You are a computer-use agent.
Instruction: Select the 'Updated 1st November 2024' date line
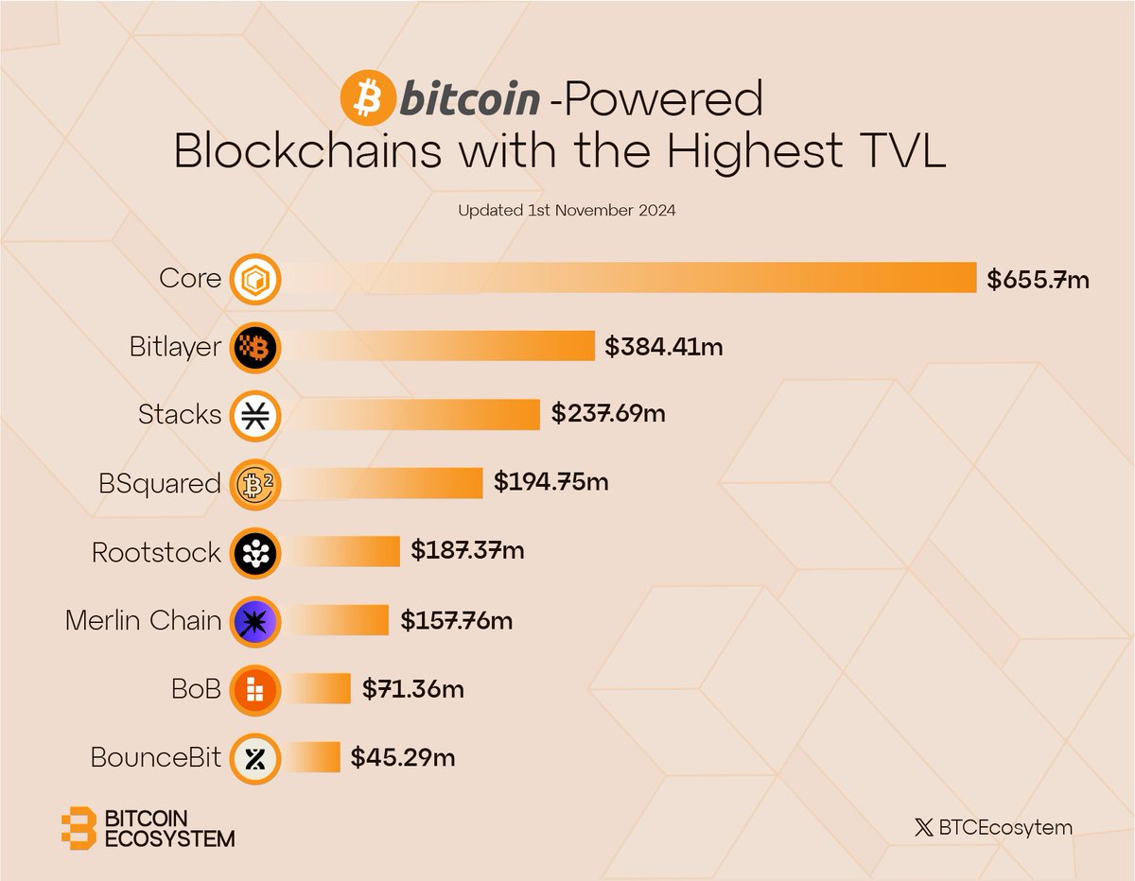pos(567,211)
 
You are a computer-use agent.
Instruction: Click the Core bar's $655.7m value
pos(1038,279)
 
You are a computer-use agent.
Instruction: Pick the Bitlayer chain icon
pos(255,347)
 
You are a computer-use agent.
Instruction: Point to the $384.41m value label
pos(663,347)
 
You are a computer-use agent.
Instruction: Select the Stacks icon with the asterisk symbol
pos(255,415)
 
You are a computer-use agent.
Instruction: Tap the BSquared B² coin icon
pos(255,483)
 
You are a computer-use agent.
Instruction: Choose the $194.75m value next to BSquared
pos(550,483)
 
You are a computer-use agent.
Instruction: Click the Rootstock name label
pos(156,552)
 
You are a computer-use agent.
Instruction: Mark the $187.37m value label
pos(467,552)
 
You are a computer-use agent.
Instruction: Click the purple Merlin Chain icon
pos(255,620)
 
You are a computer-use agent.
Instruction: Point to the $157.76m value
pos(456,620)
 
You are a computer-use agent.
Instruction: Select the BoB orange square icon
pos(255,689)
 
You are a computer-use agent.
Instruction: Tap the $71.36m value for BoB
pos(413,689)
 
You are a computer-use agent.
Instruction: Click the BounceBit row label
pos(156,757)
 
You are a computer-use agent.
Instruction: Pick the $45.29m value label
pos(403,757)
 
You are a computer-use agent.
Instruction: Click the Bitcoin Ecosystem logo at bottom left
pos(147,828)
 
